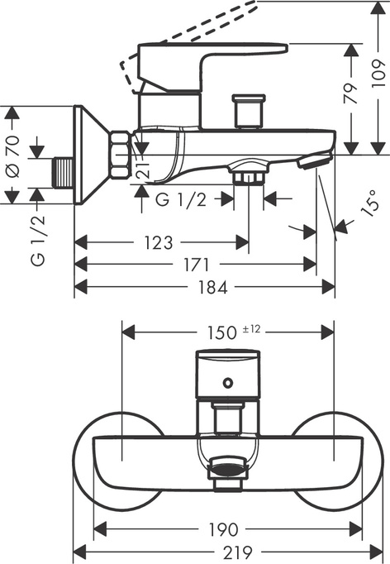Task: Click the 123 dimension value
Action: (157, 242)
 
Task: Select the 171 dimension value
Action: (195, 265)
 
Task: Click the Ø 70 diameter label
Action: (12, 152)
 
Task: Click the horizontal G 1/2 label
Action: (180, 198)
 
